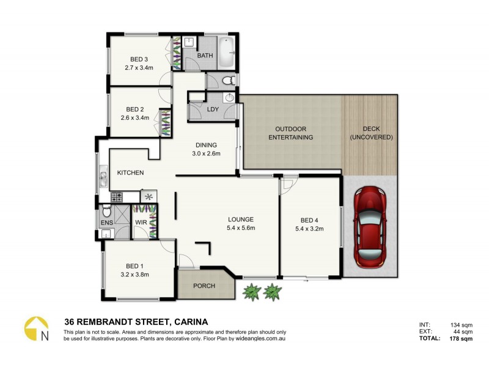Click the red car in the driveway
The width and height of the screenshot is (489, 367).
tap(370, 227)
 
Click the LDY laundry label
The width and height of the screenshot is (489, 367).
tap(213, 109)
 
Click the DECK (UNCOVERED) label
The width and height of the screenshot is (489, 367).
tap(371, 133)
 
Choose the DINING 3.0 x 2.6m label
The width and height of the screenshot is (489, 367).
tap(205, 149)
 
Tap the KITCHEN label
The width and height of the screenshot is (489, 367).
tap(130, 172)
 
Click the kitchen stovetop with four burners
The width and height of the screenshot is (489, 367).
tap(117, 196)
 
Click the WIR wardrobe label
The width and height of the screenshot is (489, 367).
tap(141, 222)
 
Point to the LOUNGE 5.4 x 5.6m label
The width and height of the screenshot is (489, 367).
tap(241, 223)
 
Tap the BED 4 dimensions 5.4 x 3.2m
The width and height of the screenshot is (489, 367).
tap(309, 229)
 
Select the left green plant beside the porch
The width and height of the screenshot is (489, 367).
tap(251, 292)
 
